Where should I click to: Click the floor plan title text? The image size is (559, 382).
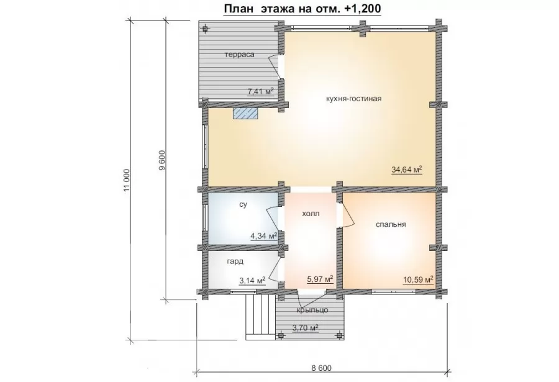coord(302,9)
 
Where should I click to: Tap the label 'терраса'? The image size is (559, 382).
coord(240,55)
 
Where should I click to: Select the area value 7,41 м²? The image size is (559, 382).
coord(261,91)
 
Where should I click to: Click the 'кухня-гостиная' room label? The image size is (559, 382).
coord(353,98)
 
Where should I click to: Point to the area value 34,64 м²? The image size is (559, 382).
coord(407,170)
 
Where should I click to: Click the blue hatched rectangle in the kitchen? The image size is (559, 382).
coord(245,114)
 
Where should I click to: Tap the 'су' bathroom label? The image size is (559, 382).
coord(243,205)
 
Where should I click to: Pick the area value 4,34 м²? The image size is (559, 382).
coord(264,236)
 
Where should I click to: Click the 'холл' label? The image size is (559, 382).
coord(311,214)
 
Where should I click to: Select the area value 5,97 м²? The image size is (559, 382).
coord(320,279)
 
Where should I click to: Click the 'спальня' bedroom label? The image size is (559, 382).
coord(391,224)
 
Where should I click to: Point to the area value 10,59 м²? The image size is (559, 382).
coord(418,280)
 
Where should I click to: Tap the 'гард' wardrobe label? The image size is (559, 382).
coord(235,261)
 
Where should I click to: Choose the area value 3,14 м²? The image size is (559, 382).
coord(252,280)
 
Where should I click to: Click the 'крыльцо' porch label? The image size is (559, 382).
coord(312,310)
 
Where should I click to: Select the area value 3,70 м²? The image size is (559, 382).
coord(305,327)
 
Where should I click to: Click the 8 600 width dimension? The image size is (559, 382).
coord(321,368)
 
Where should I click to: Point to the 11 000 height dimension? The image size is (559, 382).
coord(127,180)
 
